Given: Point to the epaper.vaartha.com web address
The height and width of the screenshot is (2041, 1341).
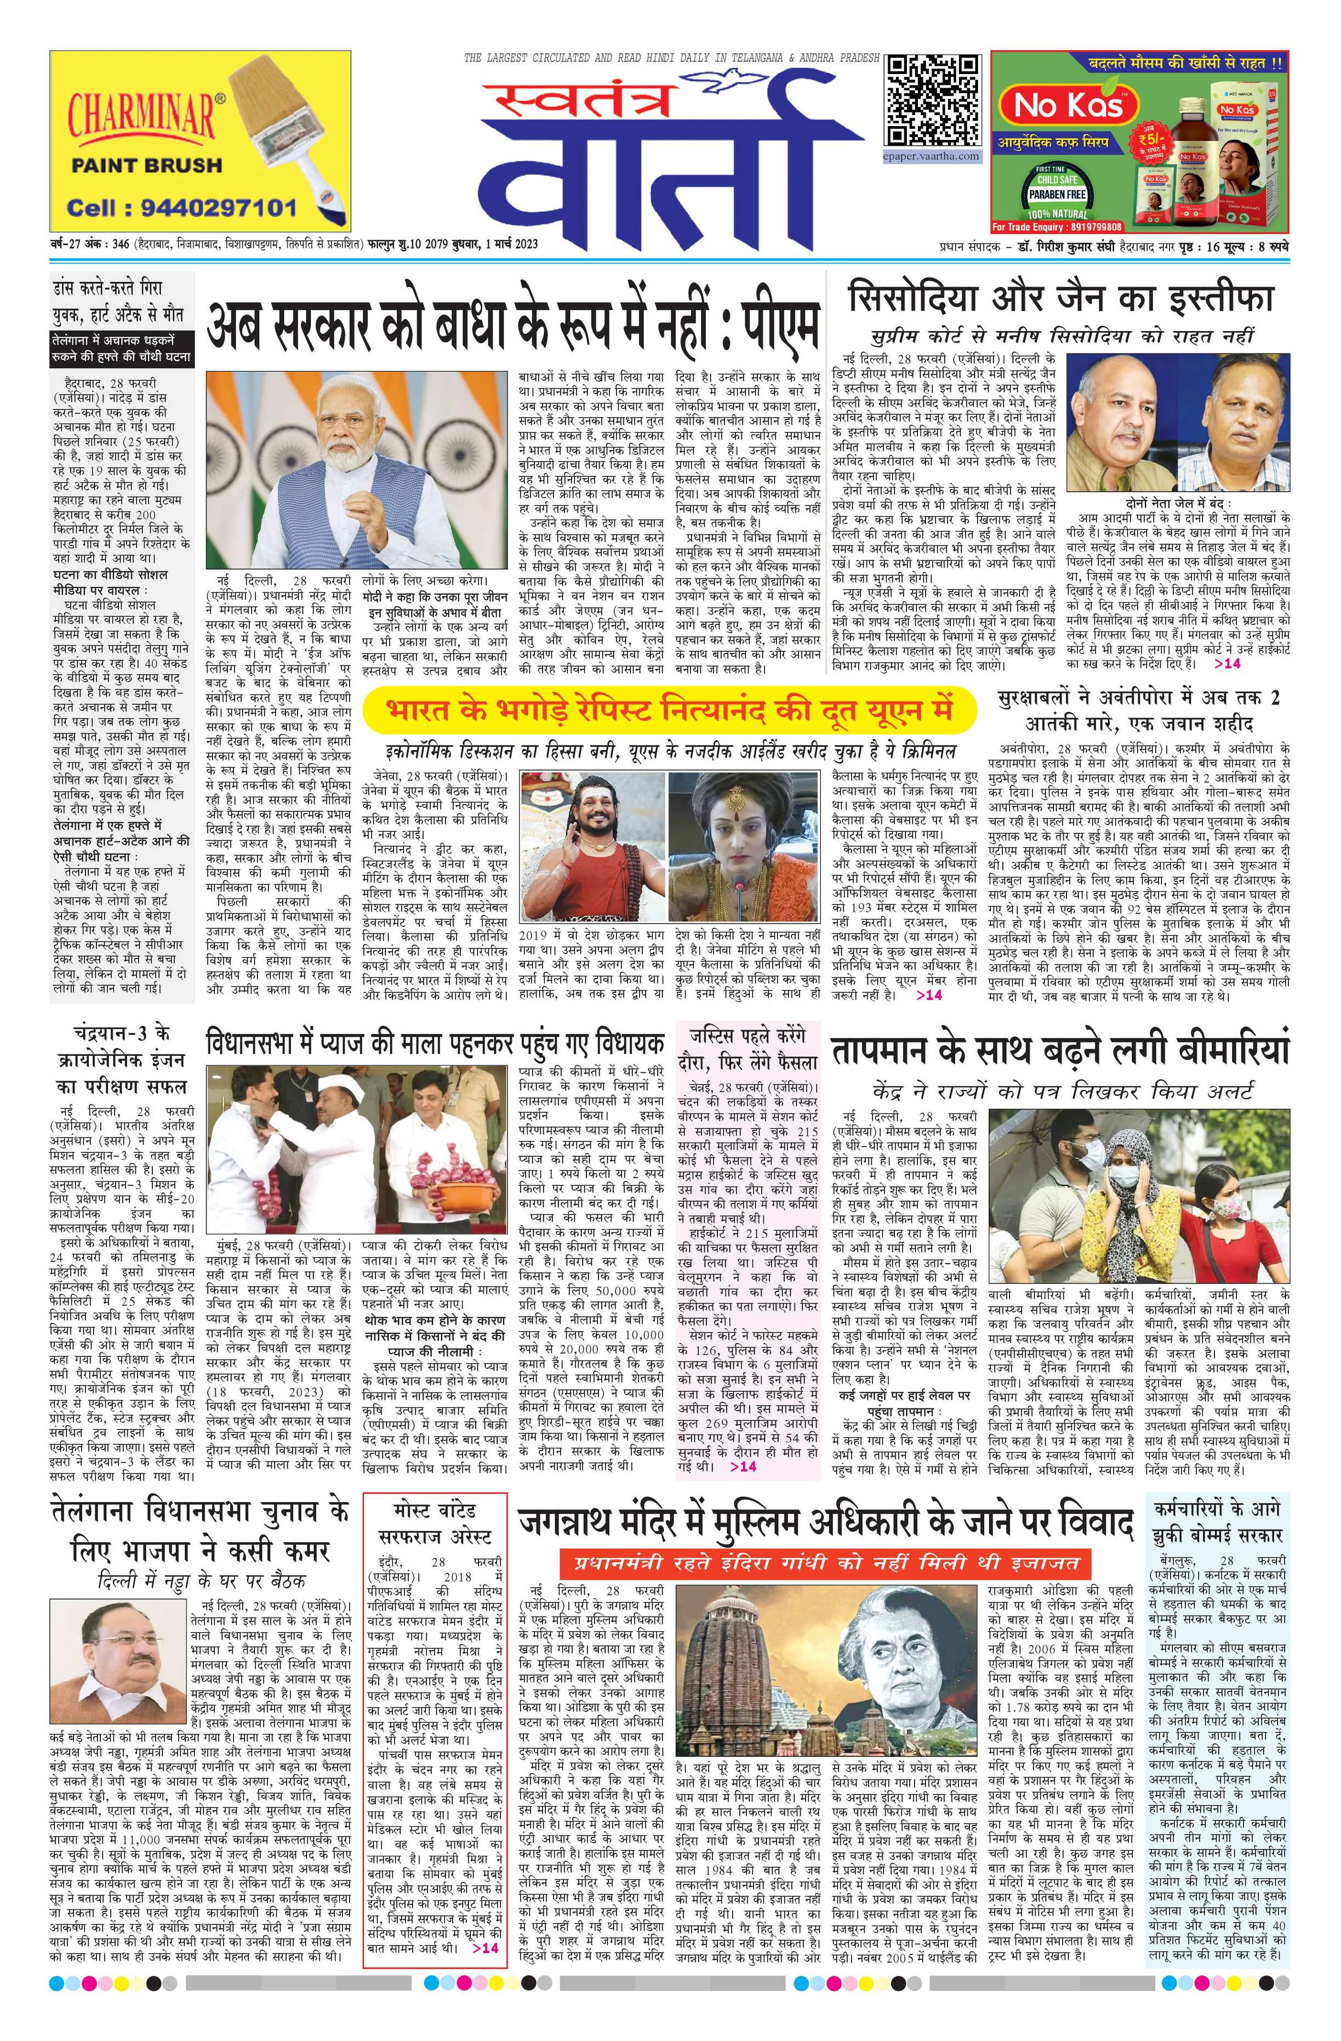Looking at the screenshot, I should pos(932,156).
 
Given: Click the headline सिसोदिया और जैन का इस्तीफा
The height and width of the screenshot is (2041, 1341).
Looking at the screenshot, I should pos(1060,300).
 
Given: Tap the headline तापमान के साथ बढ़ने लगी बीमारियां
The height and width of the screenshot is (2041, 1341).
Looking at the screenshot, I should pos(1060,1052).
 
